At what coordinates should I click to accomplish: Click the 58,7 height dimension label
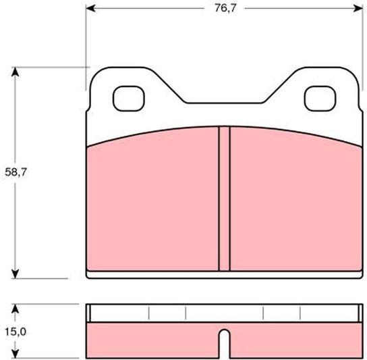point(16,172)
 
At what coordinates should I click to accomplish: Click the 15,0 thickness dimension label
point(16,332)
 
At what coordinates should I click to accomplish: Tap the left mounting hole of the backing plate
point(129,99)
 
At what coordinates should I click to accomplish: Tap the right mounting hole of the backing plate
point(320,99)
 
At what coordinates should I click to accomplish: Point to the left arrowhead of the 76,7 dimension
point(91,8)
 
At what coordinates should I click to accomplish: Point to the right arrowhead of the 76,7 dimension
point(358,8)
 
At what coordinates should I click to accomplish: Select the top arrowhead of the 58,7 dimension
point(16,72)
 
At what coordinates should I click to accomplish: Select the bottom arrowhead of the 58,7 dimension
point(16,274)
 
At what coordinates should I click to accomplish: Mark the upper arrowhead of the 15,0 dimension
point(16,309)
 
